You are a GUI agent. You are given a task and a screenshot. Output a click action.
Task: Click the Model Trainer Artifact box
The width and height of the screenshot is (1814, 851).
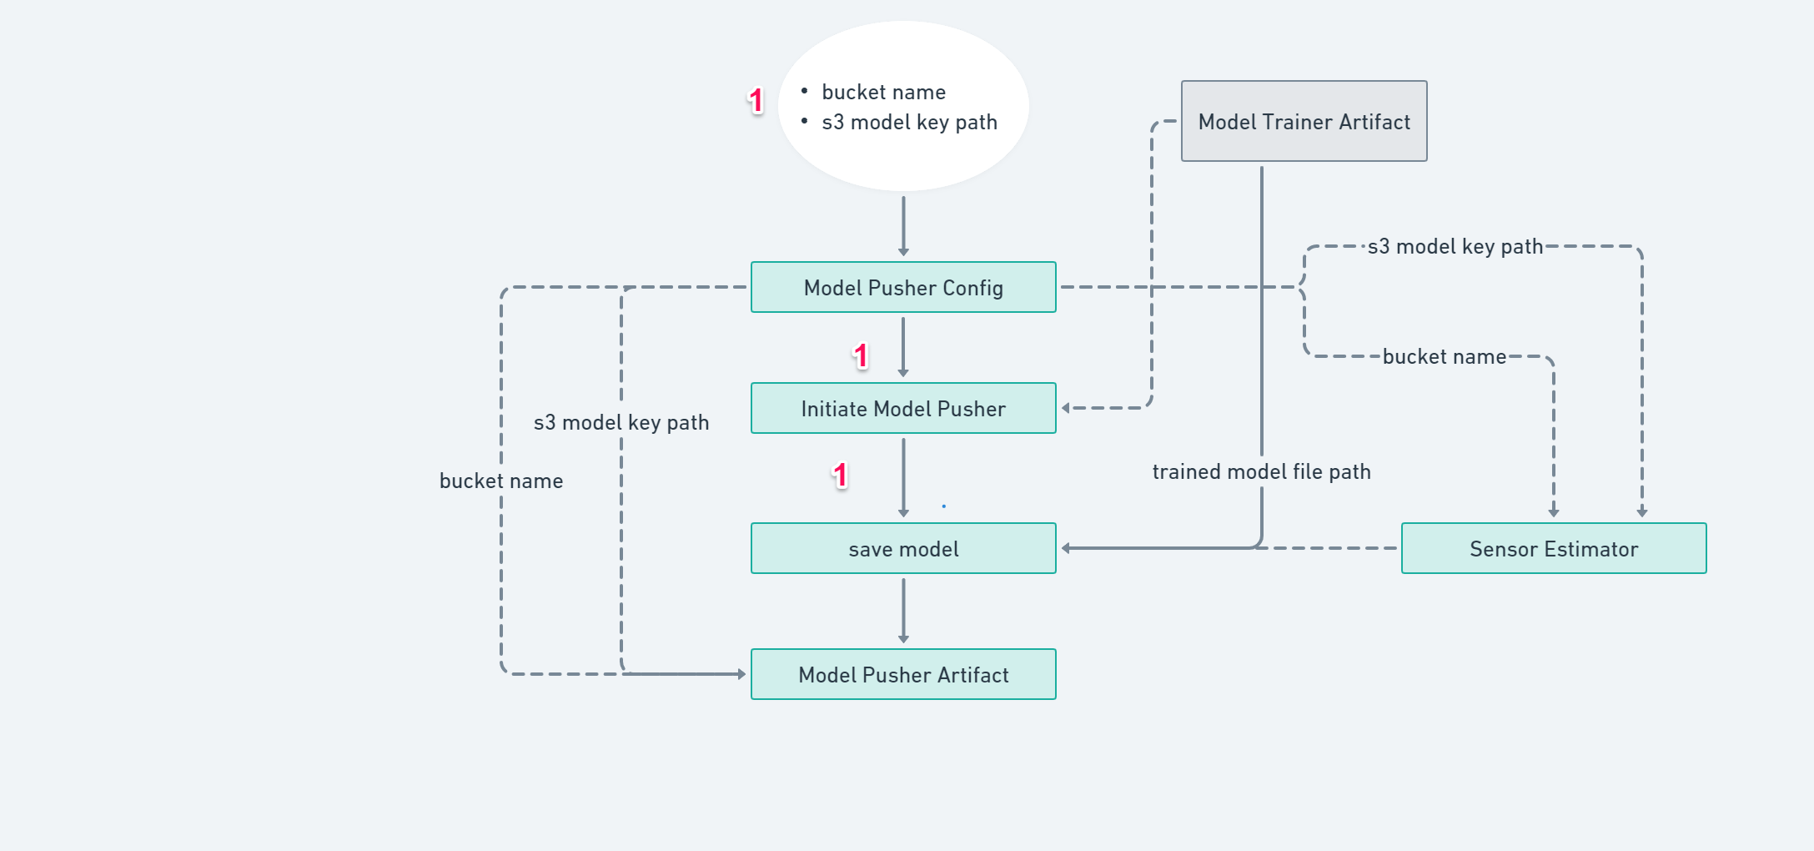1304,122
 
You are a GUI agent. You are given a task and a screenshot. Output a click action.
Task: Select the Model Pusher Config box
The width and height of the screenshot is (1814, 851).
903,288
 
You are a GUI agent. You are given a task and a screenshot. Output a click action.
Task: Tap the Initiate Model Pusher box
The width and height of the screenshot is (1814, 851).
903,409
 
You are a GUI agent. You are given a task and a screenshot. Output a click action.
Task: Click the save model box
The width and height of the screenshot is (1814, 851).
903,549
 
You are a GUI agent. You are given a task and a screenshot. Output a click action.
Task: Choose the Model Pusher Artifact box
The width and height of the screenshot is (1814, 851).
903,675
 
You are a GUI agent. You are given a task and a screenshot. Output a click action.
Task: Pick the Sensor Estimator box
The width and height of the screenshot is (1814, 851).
1554,549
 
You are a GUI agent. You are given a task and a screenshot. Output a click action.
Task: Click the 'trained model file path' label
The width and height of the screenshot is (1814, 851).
1261,472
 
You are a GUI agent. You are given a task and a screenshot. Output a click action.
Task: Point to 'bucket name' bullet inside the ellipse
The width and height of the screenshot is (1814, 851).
883,92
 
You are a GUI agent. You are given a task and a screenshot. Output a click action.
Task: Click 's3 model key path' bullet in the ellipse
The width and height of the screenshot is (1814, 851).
909,123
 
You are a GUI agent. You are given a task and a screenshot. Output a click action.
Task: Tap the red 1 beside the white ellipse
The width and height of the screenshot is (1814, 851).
756,101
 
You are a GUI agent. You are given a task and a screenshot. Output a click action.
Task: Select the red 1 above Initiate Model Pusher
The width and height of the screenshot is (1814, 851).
861,356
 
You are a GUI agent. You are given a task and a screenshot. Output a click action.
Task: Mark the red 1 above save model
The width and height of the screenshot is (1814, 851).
840,476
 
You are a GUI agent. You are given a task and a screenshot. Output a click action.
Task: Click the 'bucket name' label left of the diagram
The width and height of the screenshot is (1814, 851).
501,481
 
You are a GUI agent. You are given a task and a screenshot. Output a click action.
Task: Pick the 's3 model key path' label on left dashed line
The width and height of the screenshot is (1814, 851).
621,423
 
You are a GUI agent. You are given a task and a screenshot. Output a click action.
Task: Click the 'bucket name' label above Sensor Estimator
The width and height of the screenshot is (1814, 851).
1445,357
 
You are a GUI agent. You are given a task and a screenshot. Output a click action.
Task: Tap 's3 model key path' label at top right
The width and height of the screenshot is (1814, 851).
1455,247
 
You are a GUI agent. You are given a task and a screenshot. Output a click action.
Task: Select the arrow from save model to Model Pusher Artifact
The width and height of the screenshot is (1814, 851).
903,612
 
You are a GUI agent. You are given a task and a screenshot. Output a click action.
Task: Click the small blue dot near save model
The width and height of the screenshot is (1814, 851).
943,506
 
